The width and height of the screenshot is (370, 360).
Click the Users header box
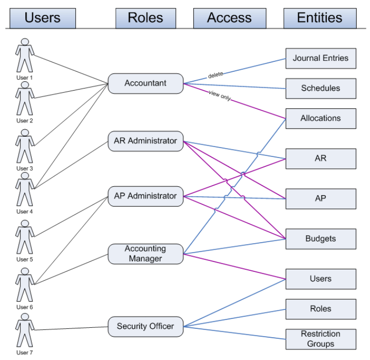[x=42, y=18]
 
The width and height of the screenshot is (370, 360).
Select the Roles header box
[x=145, y=18]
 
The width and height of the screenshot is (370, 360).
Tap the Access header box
[x=229, y=18]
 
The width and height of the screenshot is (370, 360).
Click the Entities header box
[x=319, y=18]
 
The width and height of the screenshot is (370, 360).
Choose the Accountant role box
[x=145, y=83]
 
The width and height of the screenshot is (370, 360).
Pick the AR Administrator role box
[x=145, y=141]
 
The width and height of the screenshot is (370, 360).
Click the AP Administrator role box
[x=145, y=196]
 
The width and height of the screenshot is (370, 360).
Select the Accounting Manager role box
[x=145, y=254]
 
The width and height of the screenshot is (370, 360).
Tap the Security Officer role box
[x=145, y=326]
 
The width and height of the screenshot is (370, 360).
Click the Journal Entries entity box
[x=320, y=58]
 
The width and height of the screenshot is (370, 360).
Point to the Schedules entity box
[x=320, y=88]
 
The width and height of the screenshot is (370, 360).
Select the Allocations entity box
[x=320, y=118]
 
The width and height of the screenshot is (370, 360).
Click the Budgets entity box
[x=320, y=239]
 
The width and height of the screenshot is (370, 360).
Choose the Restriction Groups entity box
[x=320, y=339]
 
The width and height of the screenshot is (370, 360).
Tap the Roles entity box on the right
[x=320, y=309]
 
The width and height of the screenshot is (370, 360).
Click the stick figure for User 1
[x=25, y=55]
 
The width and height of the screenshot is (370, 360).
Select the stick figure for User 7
[x=25, y=333]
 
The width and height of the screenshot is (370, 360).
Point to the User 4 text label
[x=25, y=211]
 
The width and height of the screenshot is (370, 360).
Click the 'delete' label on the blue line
[x=215, y=75]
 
